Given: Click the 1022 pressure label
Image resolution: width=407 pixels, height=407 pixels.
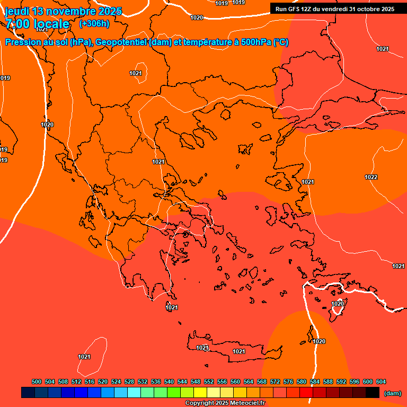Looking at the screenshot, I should (x=371, y=177).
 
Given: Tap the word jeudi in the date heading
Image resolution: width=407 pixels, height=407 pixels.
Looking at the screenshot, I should (x=16, y=11).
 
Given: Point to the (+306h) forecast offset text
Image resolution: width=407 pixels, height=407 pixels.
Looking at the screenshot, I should (x=94, y=24).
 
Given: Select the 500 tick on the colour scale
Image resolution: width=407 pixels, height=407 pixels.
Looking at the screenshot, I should (x=37, y=382).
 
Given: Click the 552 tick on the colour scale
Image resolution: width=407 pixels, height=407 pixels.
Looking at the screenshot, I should (x=209, y=382).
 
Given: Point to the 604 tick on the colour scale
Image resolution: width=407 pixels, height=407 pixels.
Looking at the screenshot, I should (x=381, y=382).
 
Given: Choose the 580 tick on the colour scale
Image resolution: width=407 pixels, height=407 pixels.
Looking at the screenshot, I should (x=302, y=382).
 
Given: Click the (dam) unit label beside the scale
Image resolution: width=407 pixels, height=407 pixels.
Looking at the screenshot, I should (x=392, y=393).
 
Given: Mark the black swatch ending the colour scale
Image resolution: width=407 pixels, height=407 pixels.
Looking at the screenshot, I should (x=373, y=392).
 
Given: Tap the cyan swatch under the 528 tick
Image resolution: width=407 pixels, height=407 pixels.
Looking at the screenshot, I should (x=134, y=392).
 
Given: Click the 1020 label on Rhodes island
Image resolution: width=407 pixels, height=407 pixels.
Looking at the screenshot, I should (x=338, y=304).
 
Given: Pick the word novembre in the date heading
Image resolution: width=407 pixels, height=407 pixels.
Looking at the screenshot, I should (x=69, y=11).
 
